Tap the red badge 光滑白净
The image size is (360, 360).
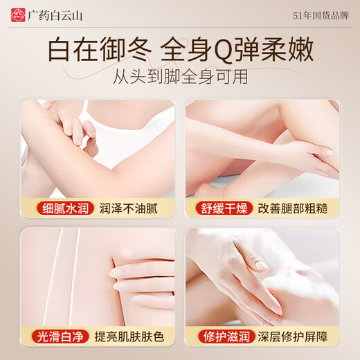coord(57,336)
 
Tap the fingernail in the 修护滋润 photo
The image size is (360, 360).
coord(260,265)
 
